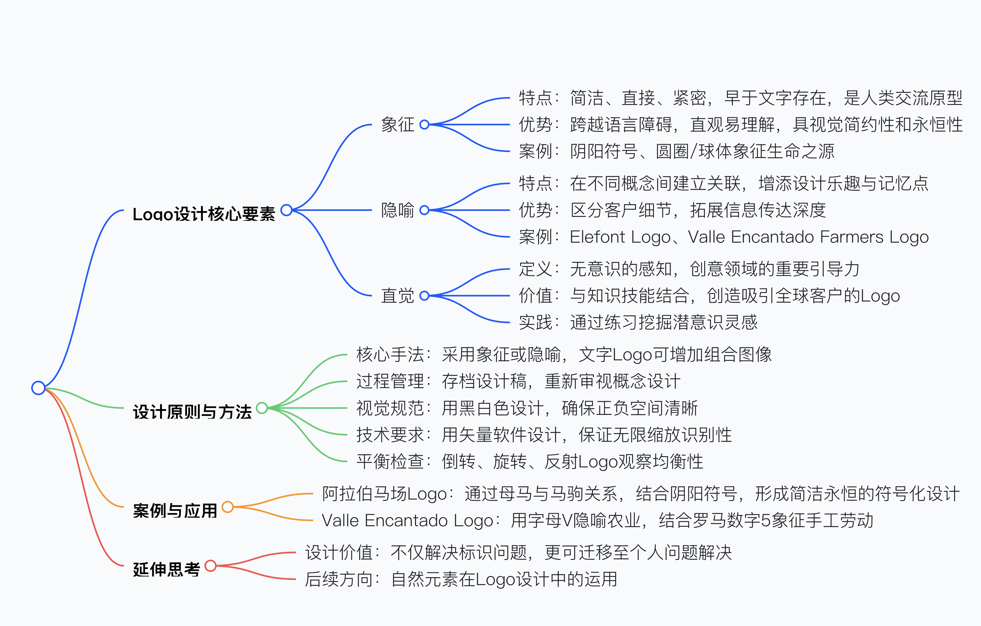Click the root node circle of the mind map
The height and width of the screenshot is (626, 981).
38,388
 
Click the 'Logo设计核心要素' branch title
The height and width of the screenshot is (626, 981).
204,214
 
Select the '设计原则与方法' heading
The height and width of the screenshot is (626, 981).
192,412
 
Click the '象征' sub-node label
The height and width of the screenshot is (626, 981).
397,124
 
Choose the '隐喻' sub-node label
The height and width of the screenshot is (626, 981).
397,210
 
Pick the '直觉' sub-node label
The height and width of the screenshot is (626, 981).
397,295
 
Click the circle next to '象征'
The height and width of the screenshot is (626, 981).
424,124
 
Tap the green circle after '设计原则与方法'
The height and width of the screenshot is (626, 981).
262,408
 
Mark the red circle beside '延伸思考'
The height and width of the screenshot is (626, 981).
210,566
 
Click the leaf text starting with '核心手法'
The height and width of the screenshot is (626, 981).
564,355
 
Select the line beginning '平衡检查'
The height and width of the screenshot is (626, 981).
530,461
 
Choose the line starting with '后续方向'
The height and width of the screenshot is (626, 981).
461,579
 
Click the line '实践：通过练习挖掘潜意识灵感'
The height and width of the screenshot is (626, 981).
638,322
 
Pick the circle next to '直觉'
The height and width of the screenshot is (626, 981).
424,295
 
